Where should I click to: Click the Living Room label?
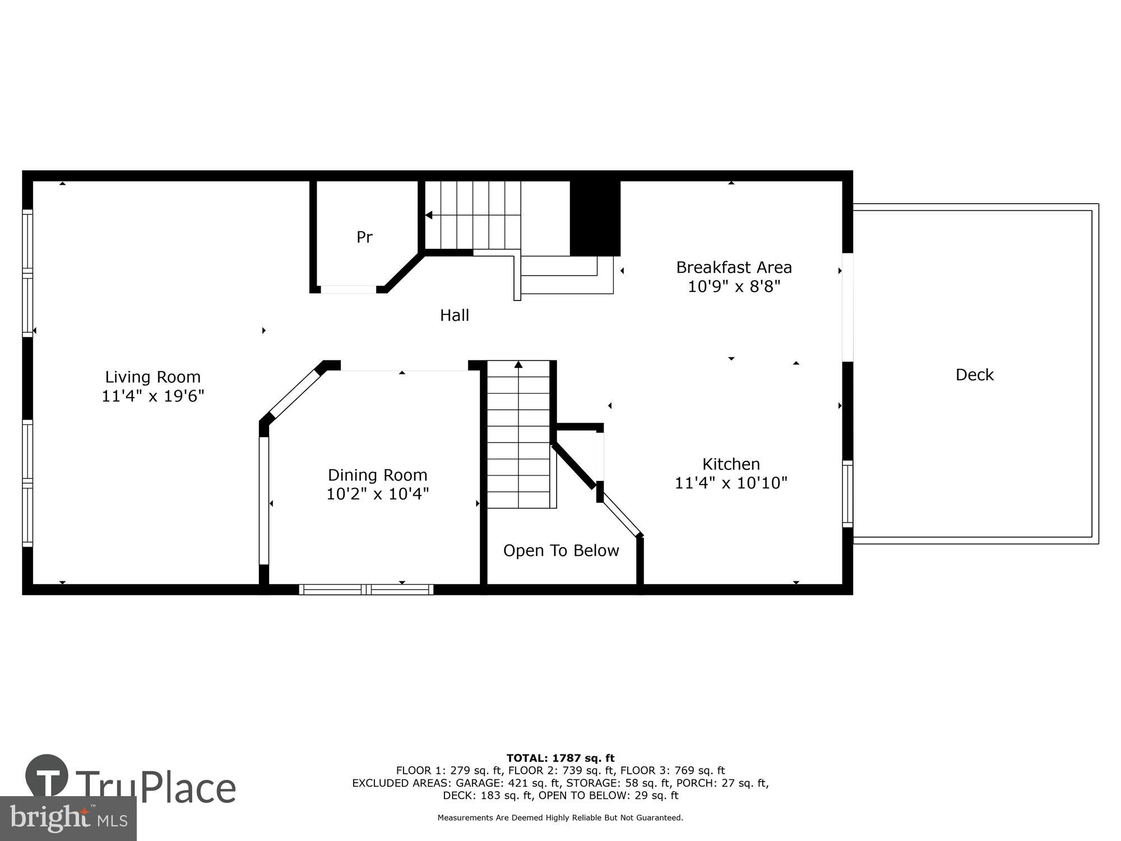(152, 377)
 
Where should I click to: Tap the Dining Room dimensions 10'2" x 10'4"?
(377, 494)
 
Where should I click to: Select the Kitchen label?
(731, 464)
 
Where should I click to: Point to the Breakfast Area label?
(734, 267)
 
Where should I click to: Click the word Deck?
(974, 375)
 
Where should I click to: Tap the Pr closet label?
(364, 237)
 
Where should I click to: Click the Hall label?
(454, 315)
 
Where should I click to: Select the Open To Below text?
(560, 551)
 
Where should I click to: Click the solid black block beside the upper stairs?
(595, 218)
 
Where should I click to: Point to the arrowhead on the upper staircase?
(429, 215)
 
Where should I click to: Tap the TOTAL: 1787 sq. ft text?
(560, 759)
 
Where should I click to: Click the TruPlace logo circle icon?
(47, 777)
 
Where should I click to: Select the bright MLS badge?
(68, 819)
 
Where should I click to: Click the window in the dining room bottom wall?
(366, 589)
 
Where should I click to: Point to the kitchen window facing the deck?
(847, 494)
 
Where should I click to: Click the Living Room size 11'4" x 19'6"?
(152, 396)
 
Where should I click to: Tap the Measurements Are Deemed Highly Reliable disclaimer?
(560, 818)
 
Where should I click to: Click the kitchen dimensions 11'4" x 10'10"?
(731, 483)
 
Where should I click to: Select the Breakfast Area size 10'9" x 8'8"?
(734, 287)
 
